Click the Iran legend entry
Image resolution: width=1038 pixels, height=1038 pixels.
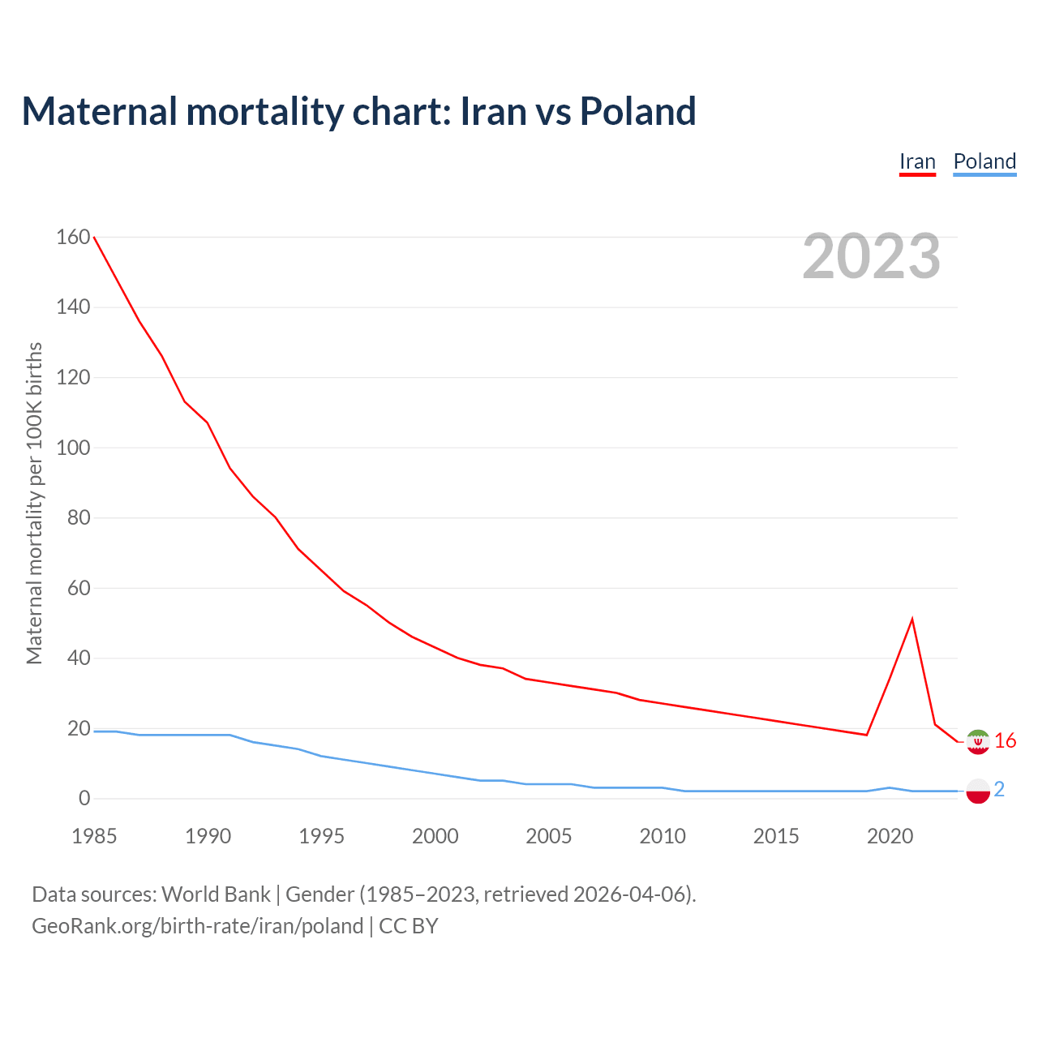917,162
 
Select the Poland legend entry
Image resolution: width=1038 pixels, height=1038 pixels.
984,162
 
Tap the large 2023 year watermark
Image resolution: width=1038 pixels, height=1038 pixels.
871,256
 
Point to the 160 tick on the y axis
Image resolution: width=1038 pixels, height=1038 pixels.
73,237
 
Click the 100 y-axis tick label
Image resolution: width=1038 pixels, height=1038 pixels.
73,448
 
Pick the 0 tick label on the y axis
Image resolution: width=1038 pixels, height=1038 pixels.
84,799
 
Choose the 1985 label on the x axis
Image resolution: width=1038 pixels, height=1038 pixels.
94,836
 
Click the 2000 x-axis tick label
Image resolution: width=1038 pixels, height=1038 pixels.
435,836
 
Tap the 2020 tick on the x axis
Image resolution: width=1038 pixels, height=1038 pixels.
890,836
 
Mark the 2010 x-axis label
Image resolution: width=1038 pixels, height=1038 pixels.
663,836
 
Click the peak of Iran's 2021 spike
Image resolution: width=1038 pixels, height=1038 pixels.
912,620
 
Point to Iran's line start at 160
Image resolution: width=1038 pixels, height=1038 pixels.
95,238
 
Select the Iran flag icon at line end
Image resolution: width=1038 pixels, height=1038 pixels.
978,742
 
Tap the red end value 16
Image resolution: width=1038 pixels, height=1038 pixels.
1006,741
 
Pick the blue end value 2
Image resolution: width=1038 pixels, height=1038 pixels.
999,790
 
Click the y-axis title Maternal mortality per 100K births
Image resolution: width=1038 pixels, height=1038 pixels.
34,503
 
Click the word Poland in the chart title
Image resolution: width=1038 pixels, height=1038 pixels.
637,111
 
